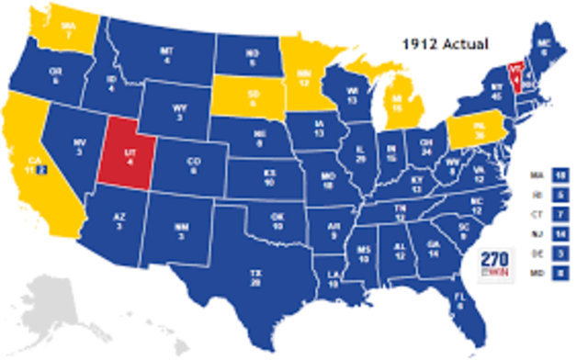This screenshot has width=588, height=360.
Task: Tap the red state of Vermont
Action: point(516,72)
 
